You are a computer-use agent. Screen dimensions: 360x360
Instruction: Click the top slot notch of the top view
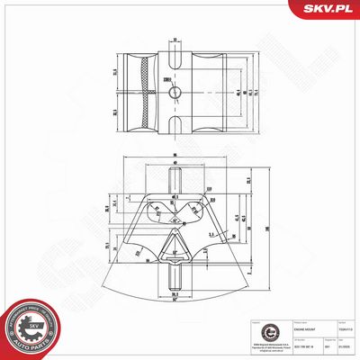click(177, 46)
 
